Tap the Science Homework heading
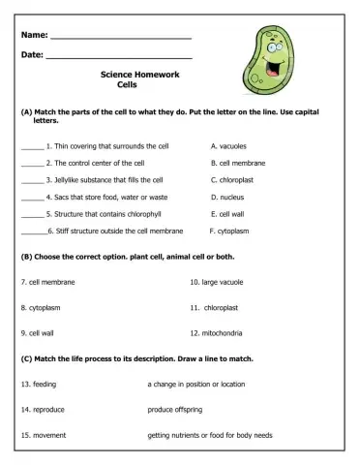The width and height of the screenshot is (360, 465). click(x=146, y=75)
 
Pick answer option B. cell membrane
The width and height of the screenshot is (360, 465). click(x=237, y=163)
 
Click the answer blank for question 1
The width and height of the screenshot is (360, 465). click(x=32, y=147)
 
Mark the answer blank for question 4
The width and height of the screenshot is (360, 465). click(x=32, y=199)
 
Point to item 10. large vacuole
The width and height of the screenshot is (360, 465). click(x=216, y=282)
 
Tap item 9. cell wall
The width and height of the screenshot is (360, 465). click(x=37, y=332)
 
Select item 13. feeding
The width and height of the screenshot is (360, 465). click(x=39, y=384)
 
